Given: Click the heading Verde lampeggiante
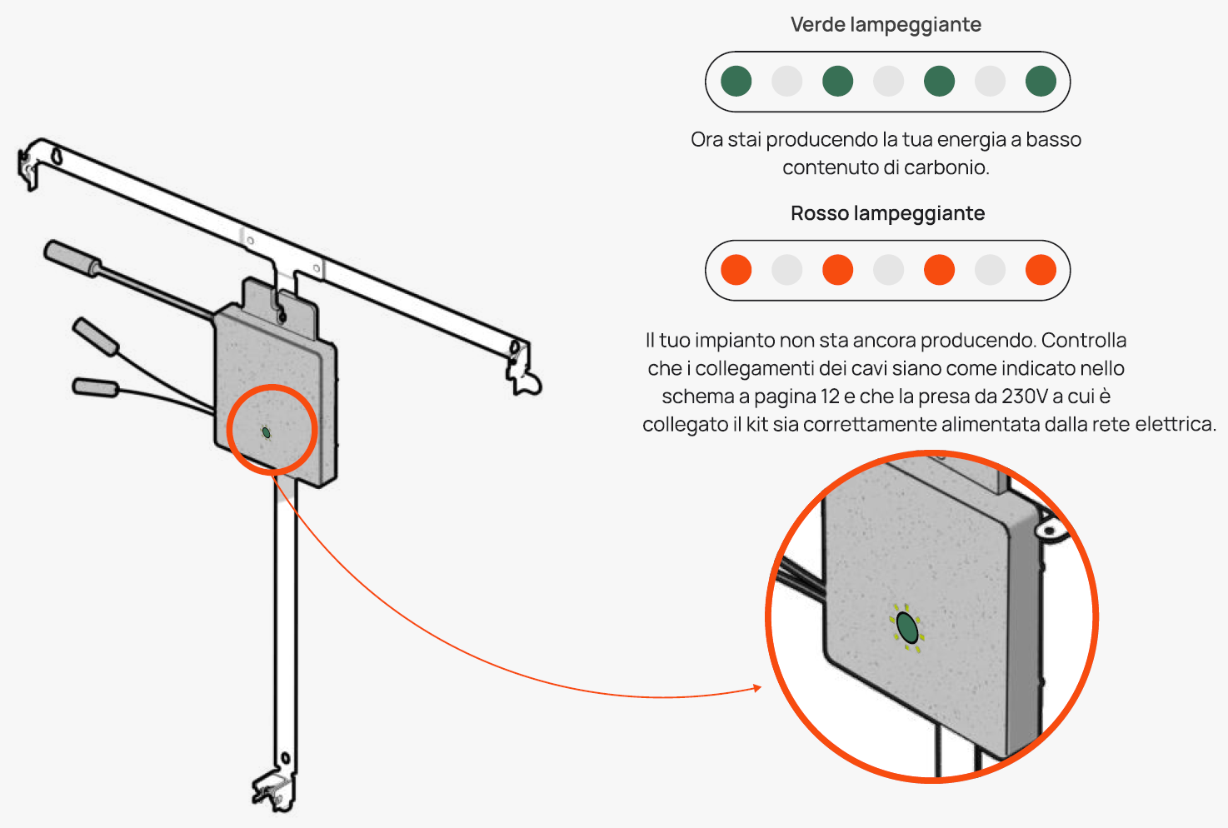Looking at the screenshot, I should [886, 25].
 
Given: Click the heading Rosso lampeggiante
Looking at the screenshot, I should [887, 214].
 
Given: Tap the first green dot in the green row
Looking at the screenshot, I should [736, 82].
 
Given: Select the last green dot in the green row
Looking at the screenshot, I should [1041, 82].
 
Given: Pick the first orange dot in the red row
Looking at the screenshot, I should [736, 270].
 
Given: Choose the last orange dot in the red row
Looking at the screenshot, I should [1041, 270].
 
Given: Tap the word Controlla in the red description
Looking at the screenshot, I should [1084, 341].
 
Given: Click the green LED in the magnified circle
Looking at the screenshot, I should [907, 627].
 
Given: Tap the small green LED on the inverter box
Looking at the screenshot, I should [266, 432].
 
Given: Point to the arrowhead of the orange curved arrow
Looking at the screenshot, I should [757, 688].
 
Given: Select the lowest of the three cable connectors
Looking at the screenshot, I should [95, 387].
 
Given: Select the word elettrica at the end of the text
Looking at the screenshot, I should [1176, 425].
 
